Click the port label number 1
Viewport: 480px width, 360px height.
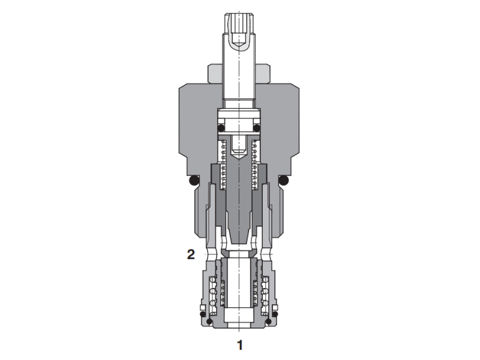coord(240,345)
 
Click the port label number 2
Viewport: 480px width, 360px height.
coord(191,254)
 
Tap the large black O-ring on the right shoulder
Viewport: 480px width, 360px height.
coord(285,181)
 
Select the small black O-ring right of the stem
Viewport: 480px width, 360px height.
coord(257,128)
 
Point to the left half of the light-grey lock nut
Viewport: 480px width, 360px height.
coord(215,73)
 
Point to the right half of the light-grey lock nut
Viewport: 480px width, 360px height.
coord(265,73)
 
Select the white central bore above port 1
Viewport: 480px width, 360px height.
coord(239,300)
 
